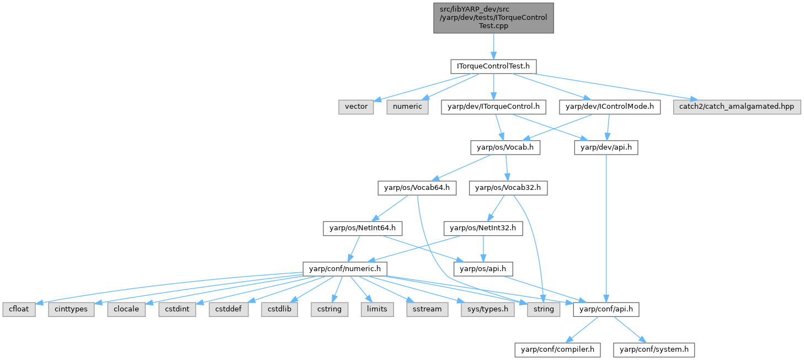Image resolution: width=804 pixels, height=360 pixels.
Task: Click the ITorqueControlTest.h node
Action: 493,66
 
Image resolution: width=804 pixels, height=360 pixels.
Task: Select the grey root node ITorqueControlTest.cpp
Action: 493,17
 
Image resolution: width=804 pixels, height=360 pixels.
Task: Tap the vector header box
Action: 356,107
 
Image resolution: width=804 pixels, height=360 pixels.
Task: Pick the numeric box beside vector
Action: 407,107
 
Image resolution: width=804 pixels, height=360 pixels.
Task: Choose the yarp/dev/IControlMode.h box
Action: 609,107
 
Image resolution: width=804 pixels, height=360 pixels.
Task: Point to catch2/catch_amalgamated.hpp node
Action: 737,107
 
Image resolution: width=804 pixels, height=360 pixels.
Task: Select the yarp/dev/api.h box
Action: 606,147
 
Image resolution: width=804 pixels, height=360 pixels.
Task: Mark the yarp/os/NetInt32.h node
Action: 483,227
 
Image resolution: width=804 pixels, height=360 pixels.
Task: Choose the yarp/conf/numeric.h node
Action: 345,269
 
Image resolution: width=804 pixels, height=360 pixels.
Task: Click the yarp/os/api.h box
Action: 483,269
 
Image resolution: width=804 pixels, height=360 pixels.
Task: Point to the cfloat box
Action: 19,309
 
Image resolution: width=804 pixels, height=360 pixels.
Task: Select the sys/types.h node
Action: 488,309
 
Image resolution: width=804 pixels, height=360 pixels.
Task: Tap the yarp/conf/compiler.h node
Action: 557,350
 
